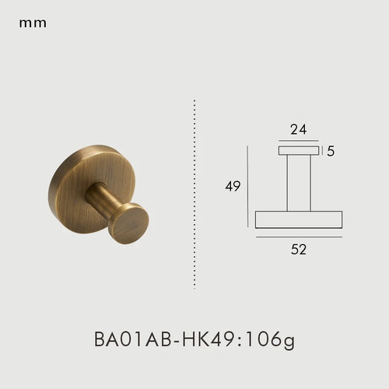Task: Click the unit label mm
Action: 33,23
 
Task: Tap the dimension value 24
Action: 299,130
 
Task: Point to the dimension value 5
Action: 331,151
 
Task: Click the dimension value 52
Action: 299,250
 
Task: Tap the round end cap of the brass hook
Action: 128,223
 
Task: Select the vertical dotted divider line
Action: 194,194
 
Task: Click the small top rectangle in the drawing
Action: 299,151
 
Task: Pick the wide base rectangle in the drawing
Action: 299,219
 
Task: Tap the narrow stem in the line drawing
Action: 299,183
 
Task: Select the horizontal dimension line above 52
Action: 299,237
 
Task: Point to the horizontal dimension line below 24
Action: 299,142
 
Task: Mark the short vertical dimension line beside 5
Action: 321,151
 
